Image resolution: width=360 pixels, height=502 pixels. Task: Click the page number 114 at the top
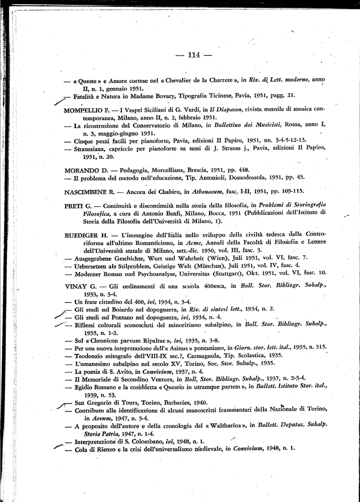[194, 55]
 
